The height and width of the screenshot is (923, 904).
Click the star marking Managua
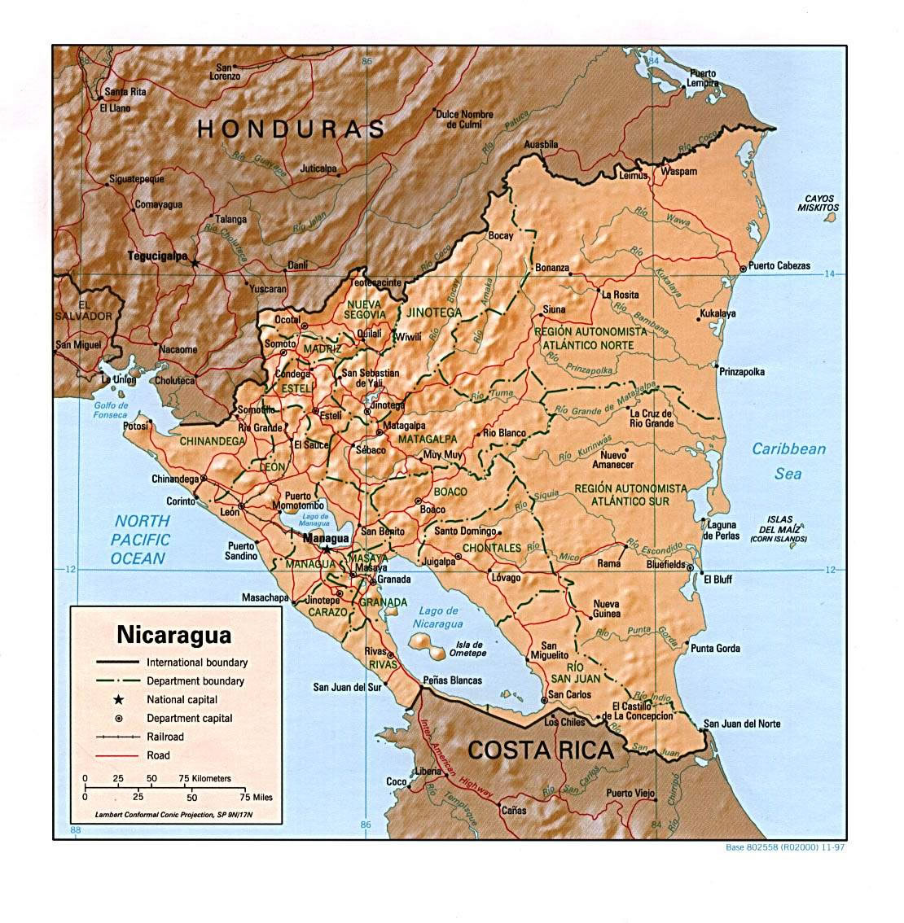click(x=327, y=549)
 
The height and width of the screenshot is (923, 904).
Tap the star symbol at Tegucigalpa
click(x=195, y=262)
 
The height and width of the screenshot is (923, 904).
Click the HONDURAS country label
click(x=292, y=129)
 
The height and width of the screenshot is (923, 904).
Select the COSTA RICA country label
click(x=540, y=750)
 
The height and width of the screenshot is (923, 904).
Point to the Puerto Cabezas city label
click(x=779, y=266)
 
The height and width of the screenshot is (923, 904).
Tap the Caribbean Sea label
click(x=788, y=461)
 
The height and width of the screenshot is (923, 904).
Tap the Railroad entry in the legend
click(x=165, y=737)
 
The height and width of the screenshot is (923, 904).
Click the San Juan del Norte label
click(x=742, y=724)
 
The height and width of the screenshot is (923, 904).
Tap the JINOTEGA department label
click(x=432, y=313)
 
